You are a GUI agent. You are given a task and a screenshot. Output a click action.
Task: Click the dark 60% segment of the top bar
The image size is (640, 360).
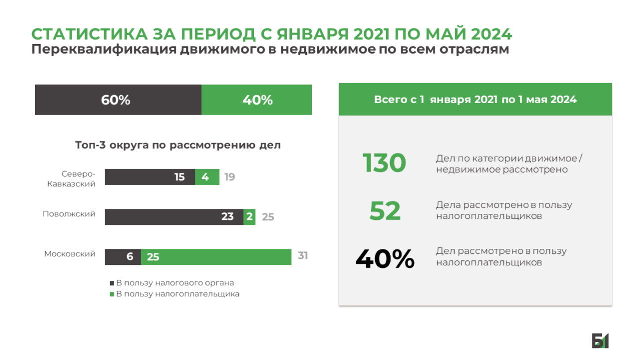coord(118,100)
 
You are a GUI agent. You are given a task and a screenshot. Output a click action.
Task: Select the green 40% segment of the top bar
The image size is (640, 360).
coord(256,100)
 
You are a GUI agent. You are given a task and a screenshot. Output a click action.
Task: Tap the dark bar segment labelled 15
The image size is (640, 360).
coord(150,177)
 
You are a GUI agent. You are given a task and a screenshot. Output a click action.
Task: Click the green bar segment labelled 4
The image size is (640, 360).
coord(207,177)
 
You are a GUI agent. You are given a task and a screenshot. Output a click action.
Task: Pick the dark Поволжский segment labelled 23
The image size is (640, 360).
coord(174,217)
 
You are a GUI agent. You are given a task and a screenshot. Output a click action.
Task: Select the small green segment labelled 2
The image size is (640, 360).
coord(249,217)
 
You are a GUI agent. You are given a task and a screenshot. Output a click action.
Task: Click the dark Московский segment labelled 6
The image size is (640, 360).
coord(123,257)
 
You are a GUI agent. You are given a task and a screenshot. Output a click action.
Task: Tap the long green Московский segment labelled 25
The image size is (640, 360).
coord(216,257)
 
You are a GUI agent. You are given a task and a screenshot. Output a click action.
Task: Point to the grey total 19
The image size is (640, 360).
coord(229,177)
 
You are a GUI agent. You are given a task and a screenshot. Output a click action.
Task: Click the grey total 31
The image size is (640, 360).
coord(303,255)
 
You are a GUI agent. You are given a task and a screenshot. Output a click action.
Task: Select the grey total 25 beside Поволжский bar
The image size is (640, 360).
coord(268,217)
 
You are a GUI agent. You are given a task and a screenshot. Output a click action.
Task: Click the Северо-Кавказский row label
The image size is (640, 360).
coord(72,179)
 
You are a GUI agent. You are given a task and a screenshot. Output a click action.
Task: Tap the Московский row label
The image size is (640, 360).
coord(70,254)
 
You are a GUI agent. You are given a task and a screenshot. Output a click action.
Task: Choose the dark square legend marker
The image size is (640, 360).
coord(112,283)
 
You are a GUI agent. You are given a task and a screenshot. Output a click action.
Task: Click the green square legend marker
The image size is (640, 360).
coord(112,294)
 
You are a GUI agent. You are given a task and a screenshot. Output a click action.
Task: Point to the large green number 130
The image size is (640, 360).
coord(384,163)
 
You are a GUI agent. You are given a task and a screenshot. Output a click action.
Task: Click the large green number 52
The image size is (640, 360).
coord(385,211)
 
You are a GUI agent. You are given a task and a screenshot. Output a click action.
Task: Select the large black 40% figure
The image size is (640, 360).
coord(385,258)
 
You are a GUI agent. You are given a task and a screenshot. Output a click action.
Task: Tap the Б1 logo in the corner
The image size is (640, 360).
coord(600,340)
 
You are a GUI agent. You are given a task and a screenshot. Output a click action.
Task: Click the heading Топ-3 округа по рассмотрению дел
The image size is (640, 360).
coord(178,145)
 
